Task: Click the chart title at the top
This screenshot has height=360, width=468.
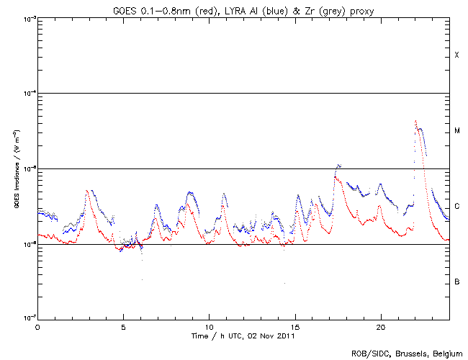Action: (x=243, y=9)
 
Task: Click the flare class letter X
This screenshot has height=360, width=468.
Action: (x=456, y=55)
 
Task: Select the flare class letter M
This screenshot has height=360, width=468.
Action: (x=456, y=131)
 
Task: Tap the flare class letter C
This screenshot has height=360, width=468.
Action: (x=456, y=206)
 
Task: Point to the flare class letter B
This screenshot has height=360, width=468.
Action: (x=456, y=282)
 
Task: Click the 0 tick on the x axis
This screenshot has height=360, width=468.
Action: (x=37, y=326)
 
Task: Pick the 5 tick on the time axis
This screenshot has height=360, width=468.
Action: (x=123, y=326)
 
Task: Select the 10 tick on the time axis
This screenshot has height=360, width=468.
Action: (x=209, y=326)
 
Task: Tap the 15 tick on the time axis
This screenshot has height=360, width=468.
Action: (x=294, y=326)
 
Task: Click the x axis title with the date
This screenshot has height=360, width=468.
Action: (x=243, y=336)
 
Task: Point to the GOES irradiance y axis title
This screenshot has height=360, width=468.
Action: (x=16, y=168)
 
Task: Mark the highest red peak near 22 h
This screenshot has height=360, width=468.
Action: (x=415, y=121)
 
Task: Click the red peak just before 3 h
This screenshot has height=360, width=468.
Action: (x=87, y=191)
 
